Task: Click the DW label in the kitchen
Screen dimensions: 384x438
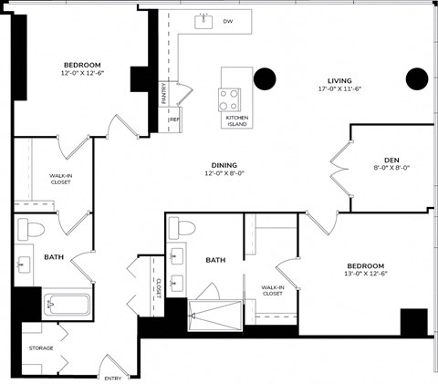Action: tap(228, 19)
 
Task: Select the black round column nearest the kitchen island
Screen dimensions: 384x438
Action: tap(266, 79)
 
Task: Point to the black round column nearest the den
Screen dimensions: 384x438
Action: tap(416, 79)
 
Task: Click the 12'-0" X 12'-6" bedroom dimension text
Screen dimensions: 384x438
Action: tap(83, 74)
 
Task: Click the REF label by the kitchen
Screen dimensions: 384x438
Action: tap(173, 119)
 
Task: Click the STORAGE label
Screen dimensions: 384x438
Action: tap(41, 348)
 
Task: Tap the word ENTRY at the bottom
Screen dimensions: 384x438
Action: tap(112, 379)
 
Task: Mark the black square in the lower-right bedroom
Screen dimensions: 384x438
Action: tap(413, 323)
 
